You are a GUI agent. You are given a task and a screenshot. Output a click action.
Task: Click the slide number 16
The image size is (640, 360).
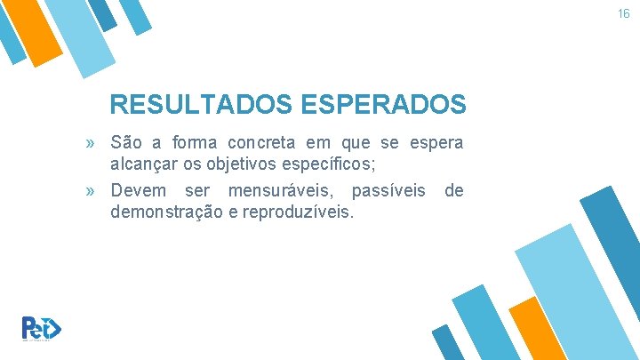coord(624,14)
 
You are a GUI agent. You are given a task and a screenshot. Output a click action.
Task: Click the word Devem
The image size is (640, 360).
coord(134,191)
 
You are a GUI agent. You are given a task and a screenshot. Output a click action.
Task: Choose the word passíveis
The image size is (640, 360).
coord(388,191)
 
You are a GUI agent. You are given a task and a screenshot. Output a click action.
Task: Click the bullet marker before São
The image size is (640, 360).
coord(92,143)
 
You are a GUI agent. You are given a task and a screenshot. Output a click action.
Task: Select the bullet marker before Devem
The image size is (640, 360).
coord(92,191)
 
